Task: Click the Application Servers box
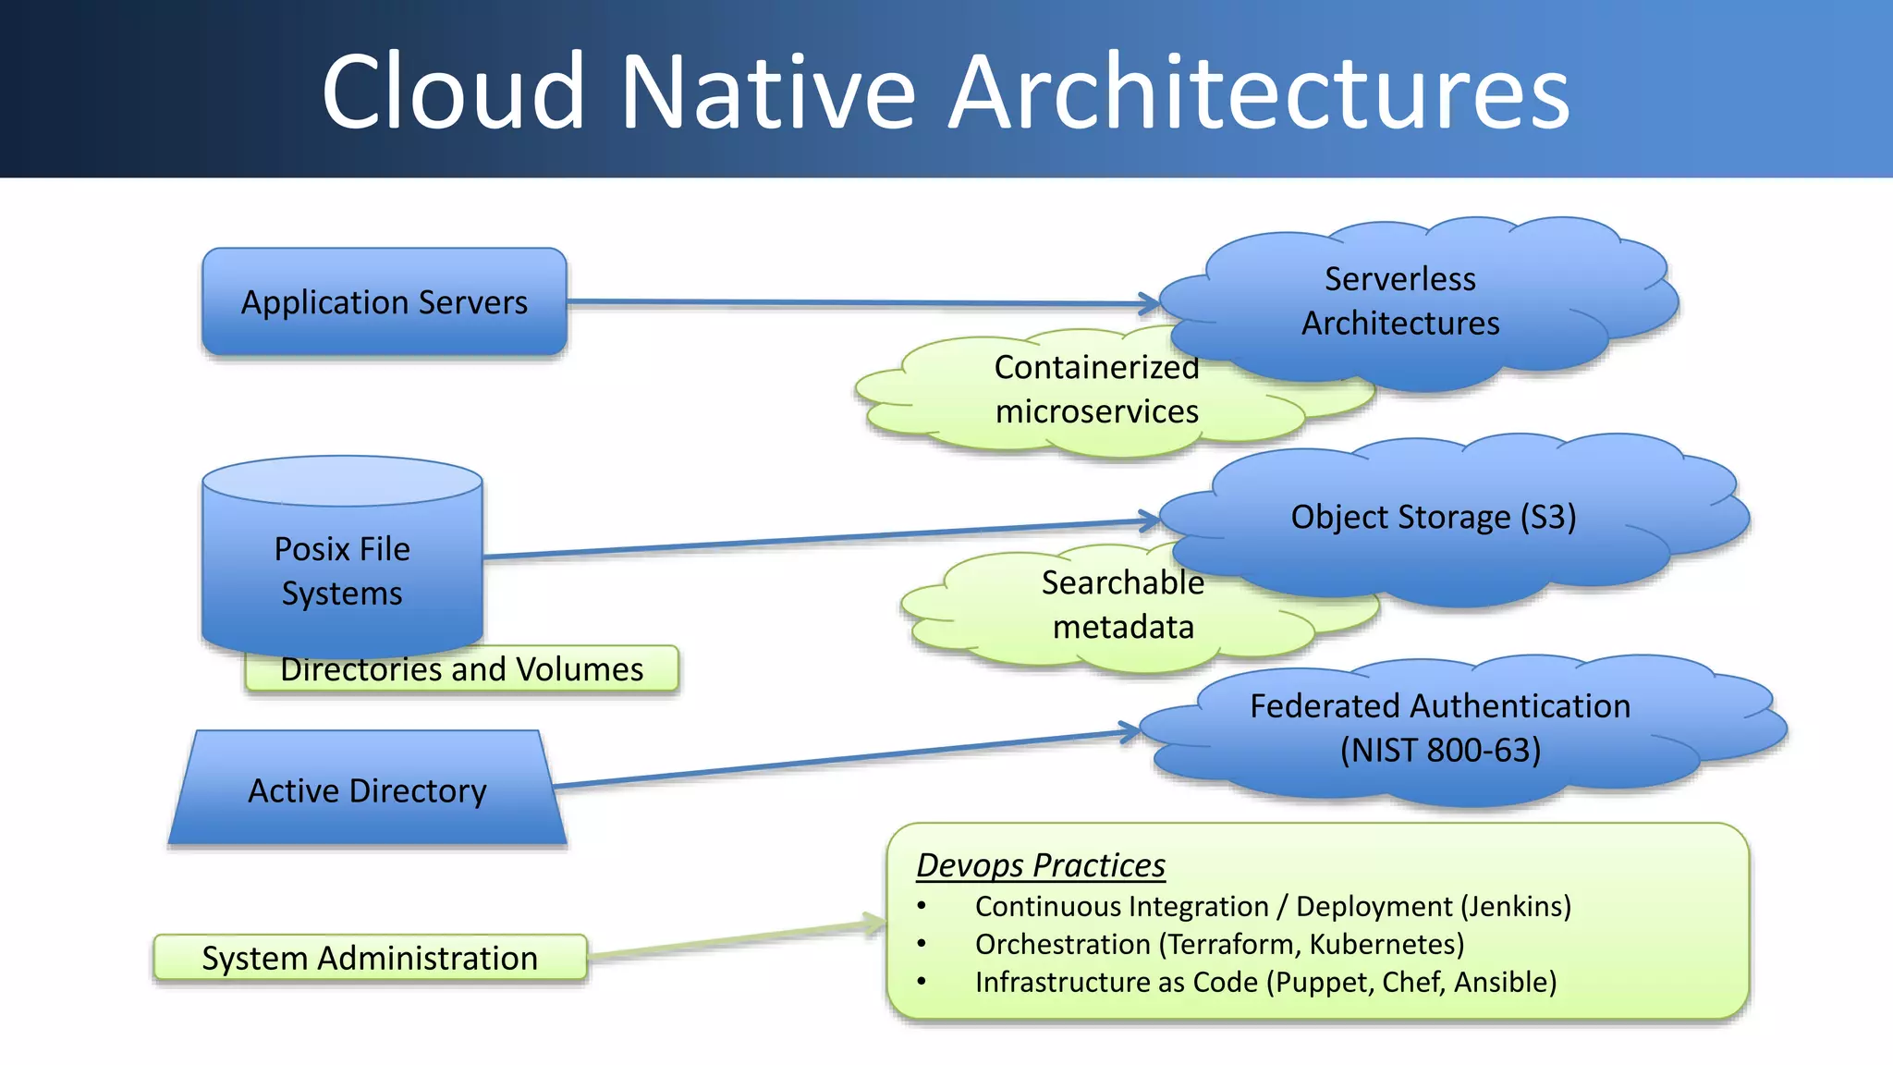coord(384,302)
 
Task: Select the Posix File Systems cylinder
coord(342,569)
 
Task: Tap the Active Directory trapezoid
coord(367,791)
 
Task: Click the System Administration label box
coord(370,958)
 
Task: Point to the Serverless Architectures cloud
coord(1399,301)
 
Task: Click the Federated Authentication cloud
coord(1439,728)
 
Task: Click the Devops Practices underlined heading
coord(1040,865)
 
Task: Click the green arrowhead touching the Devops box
coord(875,924)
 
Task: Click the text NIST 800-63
coord(1440,751)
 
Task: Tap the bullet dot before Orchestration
coord(922,944)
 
